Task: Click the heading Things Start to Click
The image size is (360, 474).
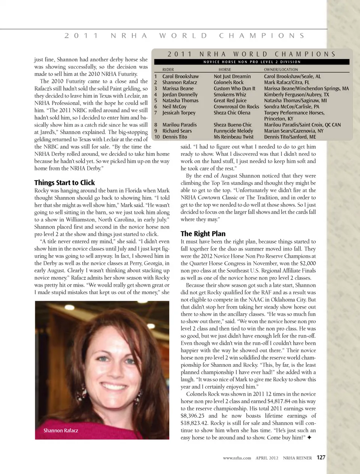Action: (x=64, y=183)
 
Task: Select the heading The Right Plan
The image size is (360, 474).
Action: (x=203, y=234)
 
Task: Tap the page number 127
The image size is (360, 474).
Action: (x=321, y=458)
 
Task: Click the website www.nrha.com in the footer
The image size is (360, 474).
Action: (x=237, y=458)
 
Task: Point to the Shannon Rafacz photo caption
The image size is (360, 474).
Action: (x=61, y=431)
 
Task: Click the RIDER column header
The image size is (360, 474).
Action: (x=168, y=69)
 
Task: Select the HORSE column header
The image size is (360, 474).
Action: (x=225, y=69)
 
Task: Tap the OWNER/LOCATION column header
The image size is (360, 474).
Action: (x=281, y=69)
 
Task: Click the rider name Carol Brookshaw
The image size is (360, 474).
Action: (x=180, y=76)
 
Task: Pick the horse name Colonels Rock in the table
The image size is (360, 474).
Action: (x=228, y=82)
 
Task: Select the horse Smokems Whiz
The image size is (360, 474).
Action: (x=230, y=95)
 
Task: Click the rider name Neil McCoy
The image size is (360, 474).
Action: (x=174, y=107)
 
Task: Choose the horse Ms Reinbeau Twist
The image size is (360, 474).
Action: (x=234, y=137)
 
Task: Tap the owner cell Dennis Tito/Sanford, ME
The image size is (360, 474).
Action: (x=290, y=137)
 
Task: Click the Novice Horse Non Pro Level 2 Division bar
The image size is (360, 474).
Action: (x=252, y=62)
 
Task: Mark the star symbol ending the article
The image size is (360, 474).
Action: (x=309, y=437)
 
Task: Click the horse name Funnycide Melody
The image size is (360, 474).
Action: (x=233, y=131)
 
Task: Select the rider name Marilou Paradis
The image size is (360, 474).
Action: (x=179, y=125)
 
